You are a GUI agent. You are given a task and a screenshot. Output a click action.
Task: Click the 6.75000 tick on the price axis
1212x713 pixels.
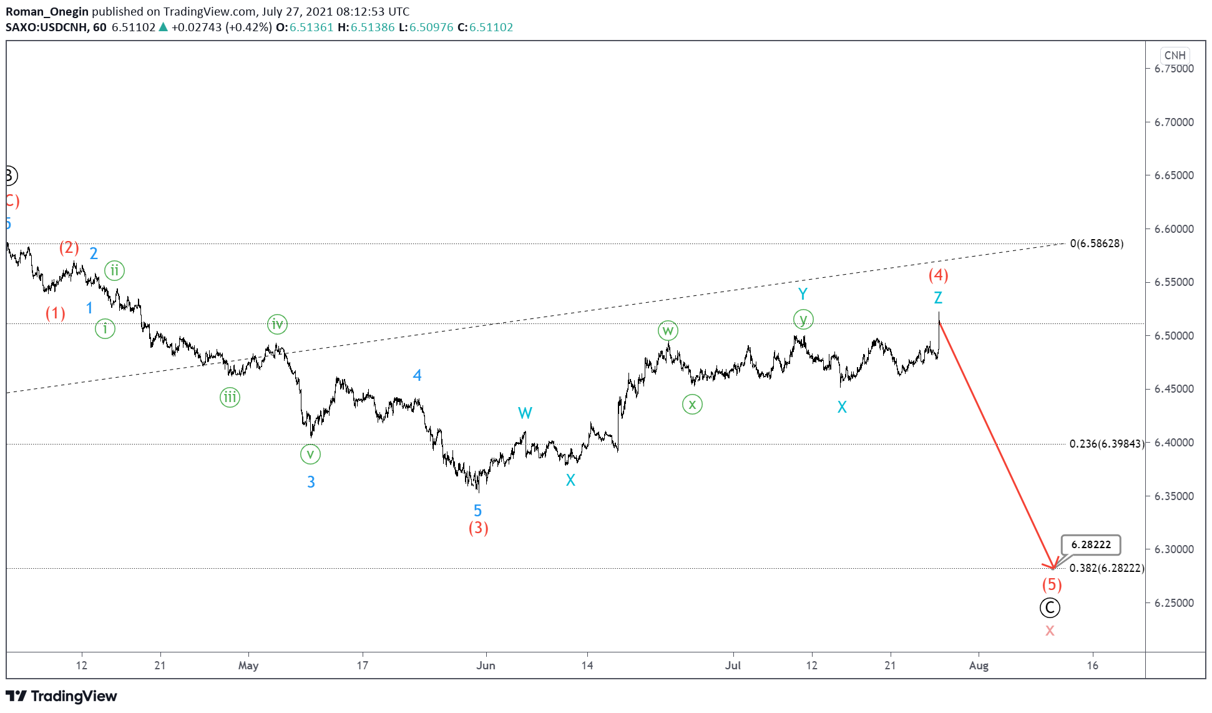[x=1174, y=69]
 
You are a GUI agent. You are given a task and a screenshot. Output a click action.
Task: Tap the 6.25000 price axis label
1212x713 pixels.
[x=1174, y=603]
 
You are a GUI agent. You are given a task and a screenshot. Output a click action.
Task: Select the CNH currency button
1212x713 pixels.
[x=1175, y=55]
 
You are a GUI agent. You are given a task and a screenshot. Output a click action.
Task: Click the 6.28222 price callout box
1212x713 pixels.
[x=1090, y=544]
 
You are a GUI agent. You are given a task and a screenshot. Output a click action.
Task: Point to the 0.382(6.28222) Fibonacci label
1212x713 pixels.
[x=1107, y=568]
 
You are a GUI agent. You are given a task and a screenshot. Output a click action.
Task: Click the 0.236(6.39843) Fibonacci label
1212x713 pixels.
[x=1107, y=444]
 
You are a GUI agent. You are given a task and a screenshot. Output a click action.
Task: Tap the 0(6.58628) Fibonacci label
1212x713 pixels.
[x=1097, y=243]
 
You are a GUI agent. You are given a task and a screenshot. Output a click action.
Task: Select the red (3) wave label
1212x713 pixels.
[x=479, y=528]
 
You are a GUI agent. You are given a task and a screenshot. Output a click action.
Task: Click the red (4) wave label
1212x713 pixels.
[x=938, y=275]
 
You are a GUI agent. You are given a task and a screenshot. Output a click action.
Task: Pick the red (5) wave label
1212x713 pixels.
[x=1052, y=584]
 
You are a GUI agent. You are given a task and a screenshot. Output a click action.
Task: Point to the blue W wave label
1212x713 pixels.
[x=525, y=413]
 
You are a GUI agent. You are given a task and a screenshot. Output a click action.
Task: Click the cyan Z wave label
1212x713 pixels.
[x=938, y=298]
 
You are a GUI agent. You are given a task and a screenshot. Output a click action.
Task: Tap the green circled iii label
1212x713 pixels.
[x=230, y=397]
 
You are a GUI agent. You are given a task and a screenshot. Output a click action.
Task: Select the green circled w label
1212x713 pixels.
[x=668, y=330]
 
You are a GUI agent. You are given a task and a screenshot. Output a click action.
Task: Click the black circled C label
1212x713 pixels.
[x=1050, y=607]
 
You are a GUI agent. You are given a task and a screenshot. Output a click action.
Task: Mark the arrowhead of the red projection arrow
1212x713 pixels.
[x=1053, y=568]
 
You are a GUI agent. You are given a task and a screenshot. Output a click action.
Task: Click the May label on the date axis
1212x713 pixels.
[x=248, y=666]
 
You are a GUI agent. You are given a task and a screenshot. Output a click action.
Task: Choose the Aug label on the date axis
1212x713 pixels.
[x=979, y=666]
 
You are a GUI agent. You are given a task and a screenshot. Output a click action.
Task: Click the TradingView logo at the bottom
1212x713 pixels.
[x=61, y=696]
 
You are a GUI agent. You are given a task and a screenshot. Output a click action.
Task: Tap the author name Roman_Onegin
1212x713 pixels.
[x=47, y=11]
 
